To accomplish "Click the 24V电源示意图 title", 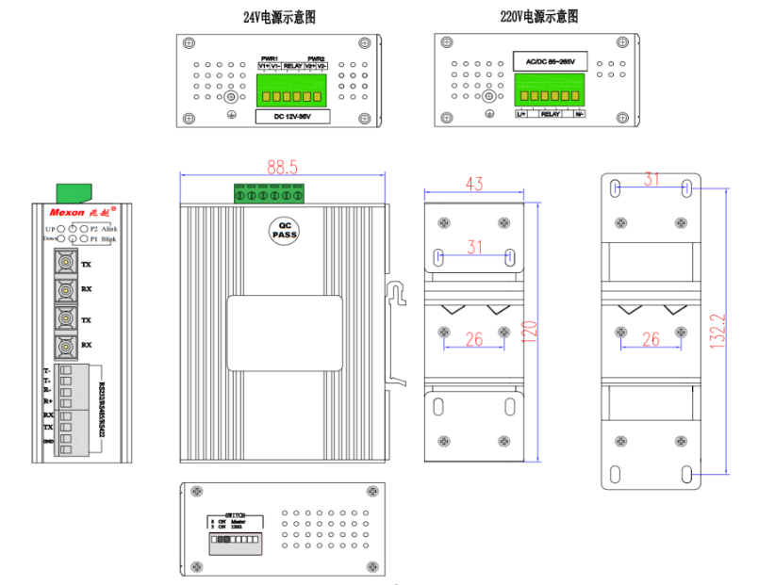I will (279, 17).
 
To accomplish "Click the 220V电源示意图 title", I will (538, 17).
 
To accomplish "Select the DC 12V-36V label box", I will (291, 117).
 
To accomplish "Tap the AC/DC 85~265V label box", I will (549, 62).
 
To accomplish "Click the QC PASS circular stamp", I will (284, 229).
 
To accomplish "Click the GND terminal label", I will (48, 442).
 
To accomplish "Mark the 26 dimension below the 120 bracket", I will (474, 339).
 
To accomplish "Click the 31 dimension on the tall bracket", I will (651, 179).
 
